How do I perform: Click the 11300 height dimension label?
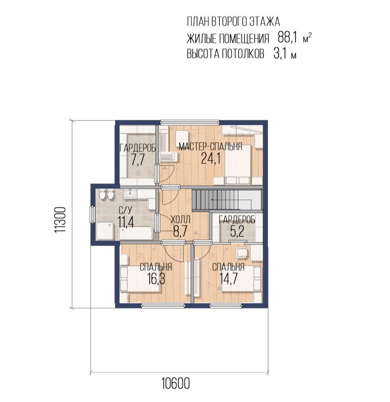[x=61, y=220]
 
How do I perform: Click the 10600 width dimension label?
[x=176, y=383]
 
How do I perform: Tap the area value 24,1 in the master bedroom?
[x=211, y=158]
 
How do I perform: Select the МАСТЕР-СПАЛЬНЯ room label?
[x=210, y=147]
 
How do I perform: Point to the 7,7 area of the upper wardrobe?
[x=138, y=160]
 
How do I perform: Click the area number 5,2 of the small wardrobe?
[x=237, y=231]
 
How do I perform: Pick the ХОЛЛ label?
[x=180, y=220]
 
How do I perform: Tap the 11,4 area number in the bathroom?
[x=126, y=222]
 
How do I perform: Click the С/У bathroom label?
[x=126, y=210]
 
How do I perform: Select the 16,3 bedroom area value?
[x=156, y=279]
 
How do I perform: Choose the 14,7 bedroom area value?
[x=229, y=278]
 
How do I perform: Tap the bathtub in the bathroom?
[x=135, y=233]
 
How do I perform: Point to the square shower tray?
[x=105, y=231]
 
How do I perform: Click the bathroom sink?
[x=131, y=194]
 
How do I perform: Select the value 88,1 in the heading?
[x=287, y=38]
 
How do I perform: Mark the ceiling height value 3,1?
[x=280, y=54]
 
